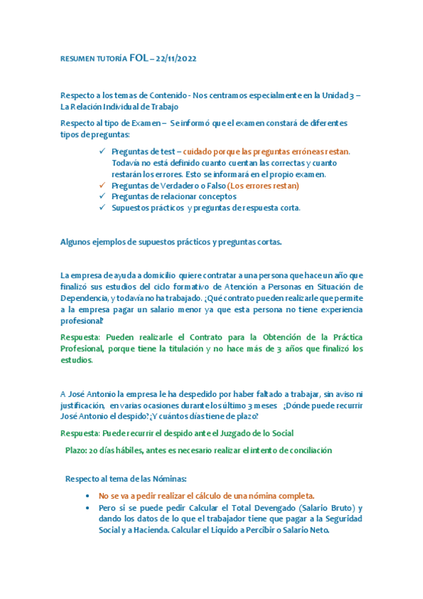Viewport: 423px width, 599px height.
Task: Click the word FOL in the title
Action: tap(139, 57)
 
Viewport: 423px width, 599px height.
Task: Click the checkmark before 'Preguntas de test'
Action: tap(103, 151)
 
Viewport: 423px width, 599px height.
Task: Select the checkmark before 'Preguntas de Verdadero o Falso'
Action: tap(103, 186)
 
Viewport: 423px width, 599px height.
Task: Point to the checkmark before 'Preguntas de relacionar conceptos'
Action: tap(103, 196)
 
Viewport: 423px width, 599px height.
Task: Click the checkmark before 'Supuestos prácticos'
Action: tap(103, 208)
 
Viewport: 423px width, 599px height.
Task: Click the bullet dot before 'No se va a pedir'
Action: tap(87, 496)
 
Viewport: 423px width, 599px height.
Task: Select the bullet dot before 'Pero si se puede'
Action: tap(87, 508)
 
